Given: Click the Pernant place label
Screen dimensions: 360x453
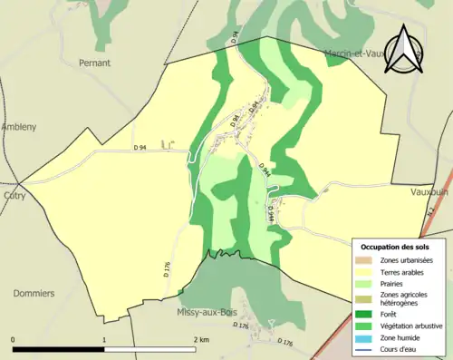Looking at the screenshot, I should [95, 63].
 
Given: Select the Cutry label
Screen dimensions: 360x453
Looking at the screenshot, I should [14, 195].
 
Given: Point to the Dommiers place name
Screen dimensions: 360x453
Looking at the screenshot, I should [34, 294].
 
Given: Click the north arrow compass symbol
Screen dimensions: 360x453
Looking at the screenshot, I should [405, 50].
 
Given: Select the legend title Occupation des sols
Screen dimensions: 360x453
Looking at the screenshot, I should [395, 247].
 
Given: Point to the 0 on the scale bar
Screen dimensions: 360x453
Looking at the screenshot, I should [13, 339].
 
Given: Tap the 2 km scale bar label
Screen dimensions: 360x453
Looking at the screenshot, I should [201, 339].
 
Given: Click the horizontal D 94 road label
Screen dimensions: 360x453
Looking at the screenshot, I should [140, 148].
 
